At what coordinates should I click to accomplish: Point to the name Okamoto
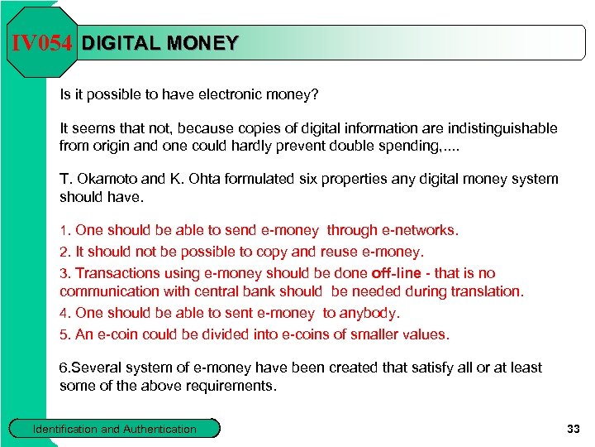(110, 179)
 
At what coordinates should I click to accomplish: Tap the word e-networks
(420, 230)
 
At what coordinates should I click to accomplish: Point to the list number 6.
(64, 368)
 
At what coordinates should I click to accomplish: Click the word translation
(484, 291)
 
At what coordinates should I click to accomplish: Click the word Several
(96, 368)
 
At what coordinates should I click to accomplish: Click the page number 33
(573, 429)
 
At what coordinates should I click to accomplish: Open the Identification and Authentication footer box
(114, 429)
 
